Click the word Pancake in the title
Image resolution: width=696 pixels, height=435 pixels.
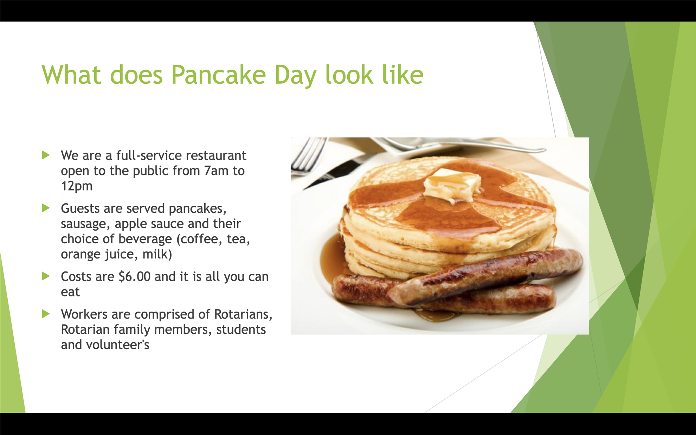pos(218,75)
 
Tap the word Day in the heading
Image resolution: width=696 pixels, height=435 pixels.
pos(295,76)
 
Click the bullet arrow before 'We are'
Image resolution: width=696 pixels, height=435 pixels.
pos(46,155)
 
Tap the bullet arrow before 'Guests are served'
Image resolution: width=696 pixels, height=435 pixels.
pos(46,208)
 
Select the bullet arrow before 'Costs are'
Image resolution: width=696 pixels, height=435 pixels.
pos(46,276)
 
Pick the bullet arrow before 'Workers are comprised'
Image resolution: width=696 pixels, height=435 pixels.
pos(46,314)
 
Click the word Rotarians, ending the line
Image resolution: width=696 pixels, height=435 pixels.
pos(243,314)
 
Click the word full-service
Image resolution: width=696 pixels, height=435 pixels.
pos(149,155)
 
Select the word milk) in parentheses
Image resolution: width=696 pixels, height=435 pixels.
pos(157,254)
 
